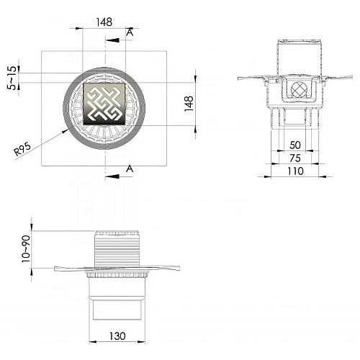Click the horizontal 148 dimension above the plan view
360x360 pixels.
pyautogui.click(x=104, y=22)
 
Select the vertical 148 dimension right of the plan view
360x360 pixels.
pyautogui.click(x=189, y=104)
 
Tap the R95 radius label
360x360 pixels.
pyautogui.click(x=22, y=149)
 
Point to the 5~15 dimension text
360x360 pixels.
pyautogui.click(x=12, y=78)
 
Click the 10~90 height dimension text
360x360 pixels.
pyautogui.click(x=26, y=249)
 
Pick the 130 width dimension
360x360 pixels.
pyautogui.click(x=117, y=336)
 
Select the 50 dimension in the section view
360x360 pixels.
pyautogui.click(x=295, y=145)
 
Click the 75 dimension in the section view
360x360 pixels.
pyautogui.click(x=295, y=158)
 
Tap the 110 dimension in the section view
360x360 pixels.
pyautogui.click(x=295, y=171)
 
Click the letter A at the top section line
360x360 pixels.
pyautogui.click(x=130, y=32)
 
